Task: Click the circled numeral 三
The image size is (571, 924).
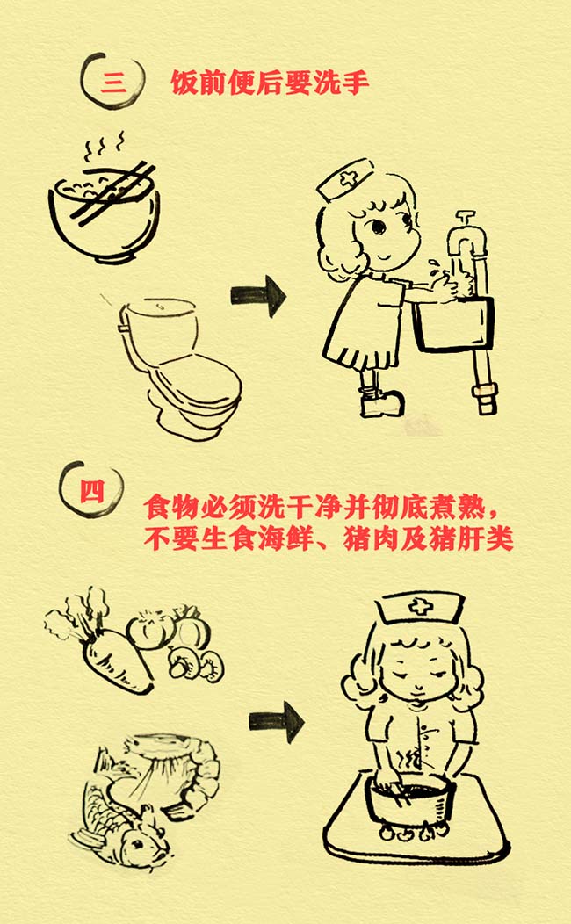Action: pos(112,82)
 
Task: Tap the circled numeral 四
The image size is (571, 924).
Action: pos(91,490)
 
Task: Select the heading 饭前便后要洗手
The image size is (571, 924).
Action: pos(270,83)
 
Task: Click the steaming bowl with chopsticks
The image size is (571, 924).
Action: pos(105,200)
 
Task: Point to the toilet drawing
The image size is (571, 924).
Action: pos(180,366)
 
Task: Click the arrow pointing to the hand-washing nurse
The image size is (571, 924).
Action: pos(258,296)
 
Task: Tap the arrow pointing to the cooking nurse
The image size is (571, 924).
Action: pos(277,721)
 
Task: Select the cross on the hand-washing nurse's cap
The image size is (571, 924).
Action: pos(348,178)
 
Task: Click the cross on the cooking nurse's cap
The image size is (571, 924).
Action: pos(420,606)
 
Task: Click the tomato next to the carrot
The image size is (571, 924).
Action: pos(149,630)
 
